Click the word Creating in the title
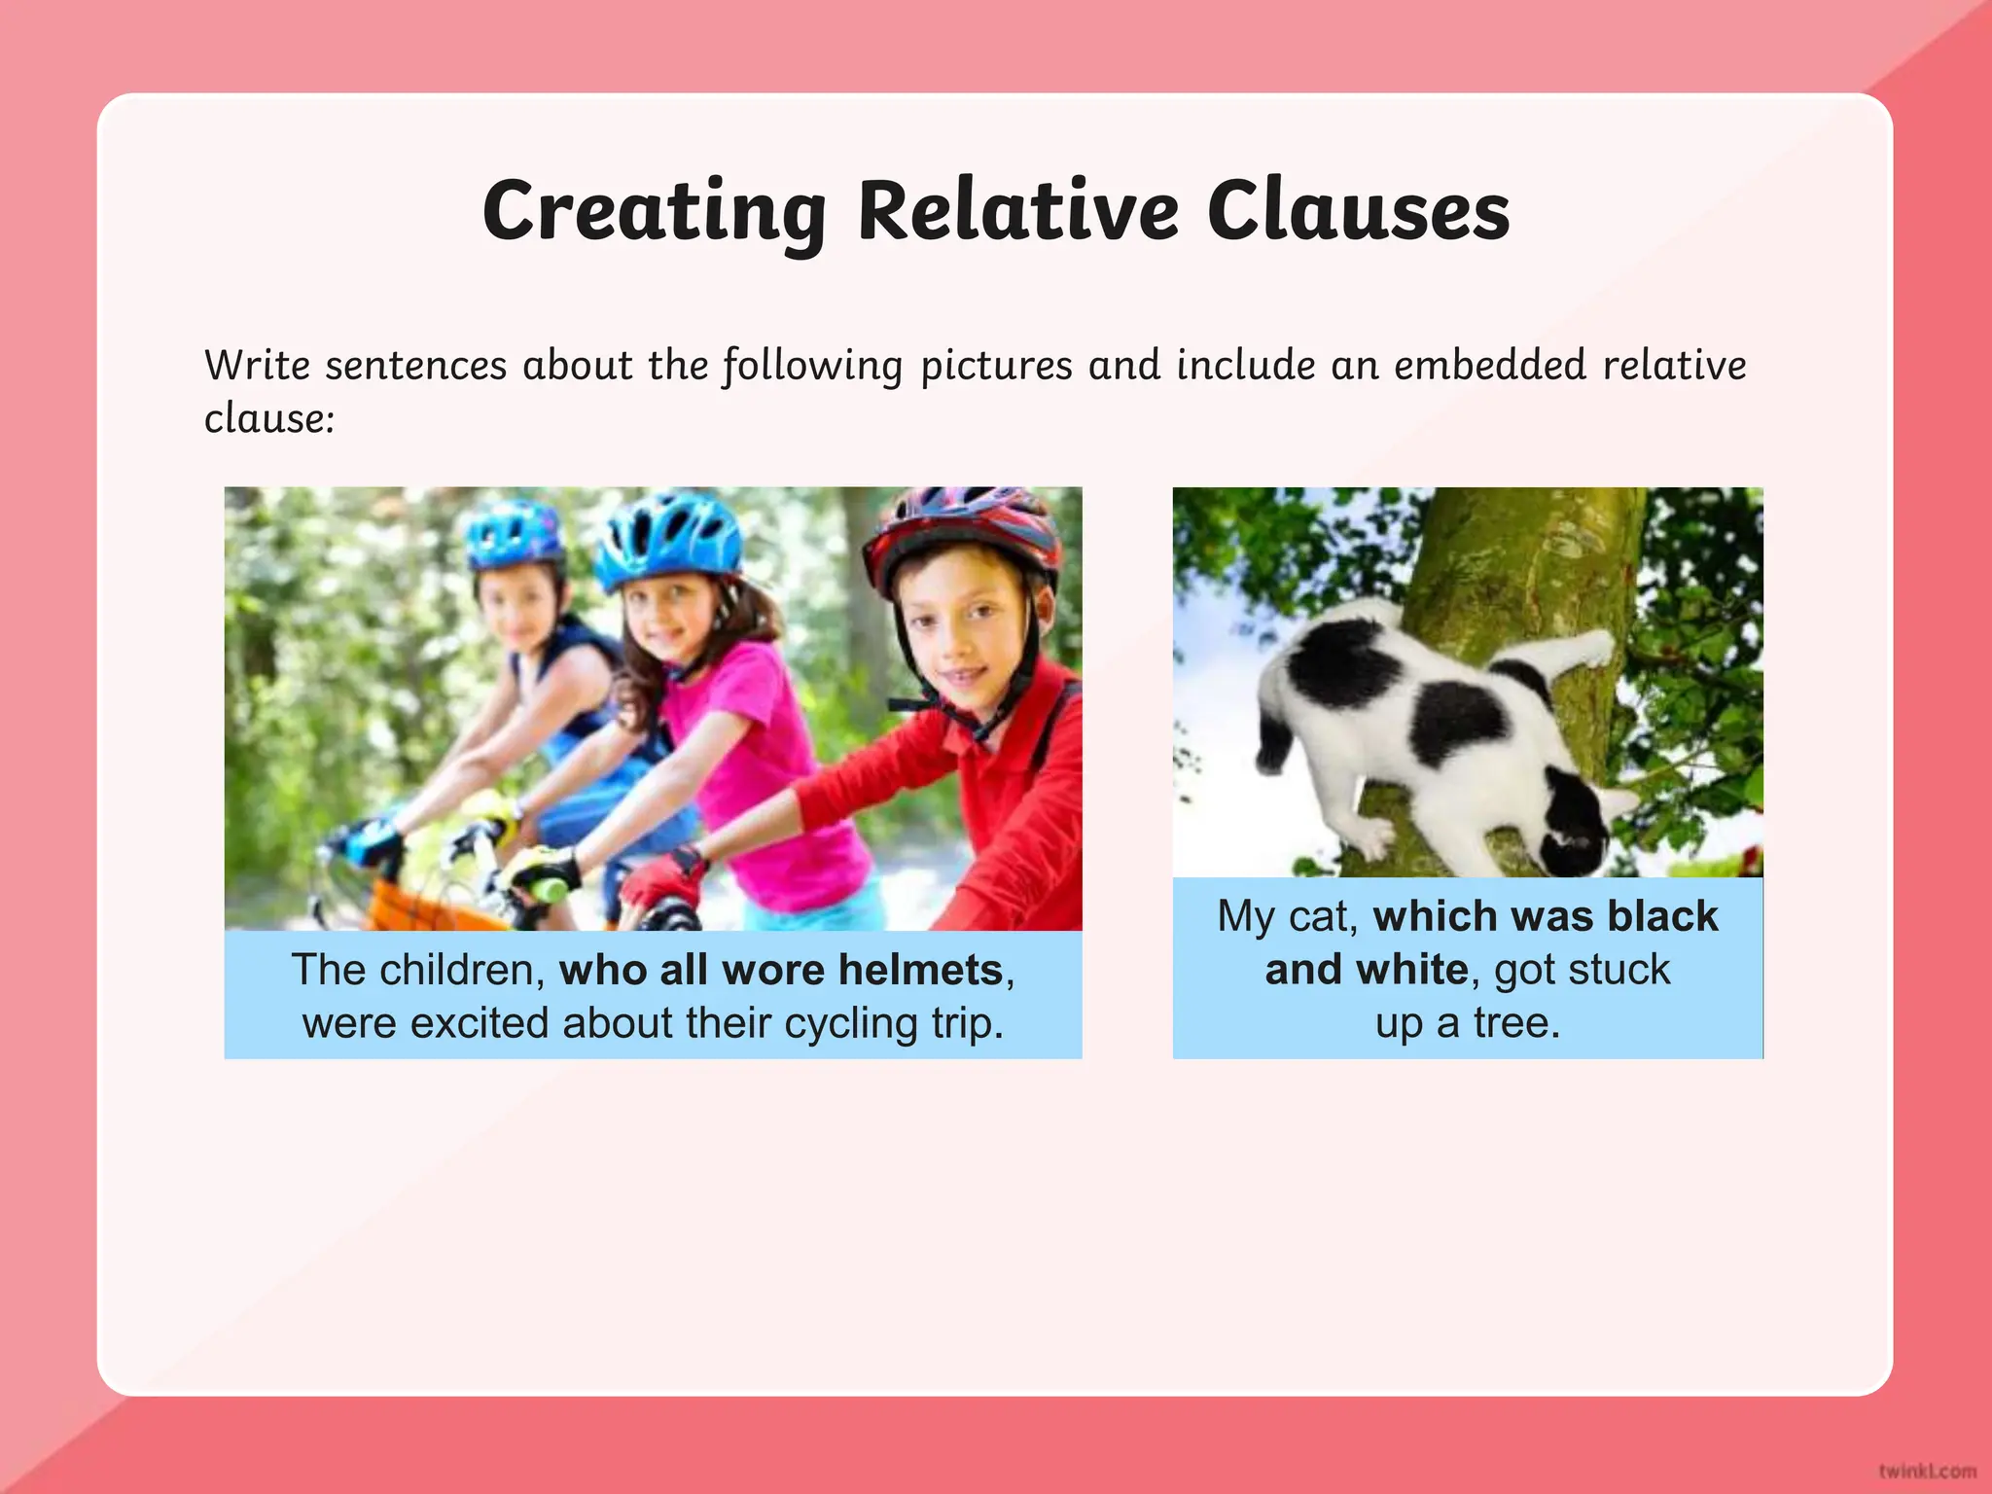654,212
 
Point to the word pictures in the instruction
996,366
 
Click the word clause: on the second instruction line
269,419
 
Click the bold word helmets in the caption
920,970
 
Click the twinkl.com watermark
1927,1471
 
